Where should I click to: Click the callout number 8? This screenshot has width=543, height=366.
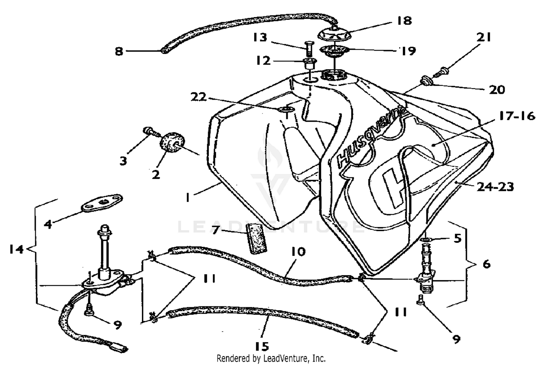[x=119, y=51]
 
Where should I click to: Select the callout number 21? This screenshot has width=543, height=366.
[x=484, y=37]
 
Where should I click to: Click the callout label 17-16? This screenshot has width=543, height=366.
[x=517, y=116]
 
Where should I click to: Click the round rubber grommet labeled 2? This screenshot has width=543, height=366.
[x=169, y=142]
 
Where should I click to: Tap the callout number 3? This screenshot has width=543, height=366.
[x=123, y=161]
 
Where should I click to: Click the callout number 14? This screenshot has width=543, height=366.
[x=16, y=249]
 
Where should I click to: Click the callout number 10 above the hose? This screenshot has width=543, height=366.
[x=298, y=251]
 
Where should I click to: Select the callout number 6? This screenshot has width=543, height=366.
[x=487, y=264]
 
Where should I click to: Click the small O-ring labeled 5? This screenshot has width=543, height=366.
[x=427, y=240]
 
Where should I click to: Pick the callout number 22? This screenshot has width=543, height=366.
[x=199, y=97]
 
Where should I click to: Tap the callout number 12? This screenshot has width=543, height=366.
[x=263, y=61]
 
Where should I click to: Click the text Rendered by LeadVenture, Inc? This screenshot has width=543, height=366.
[x=271, y=359]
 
